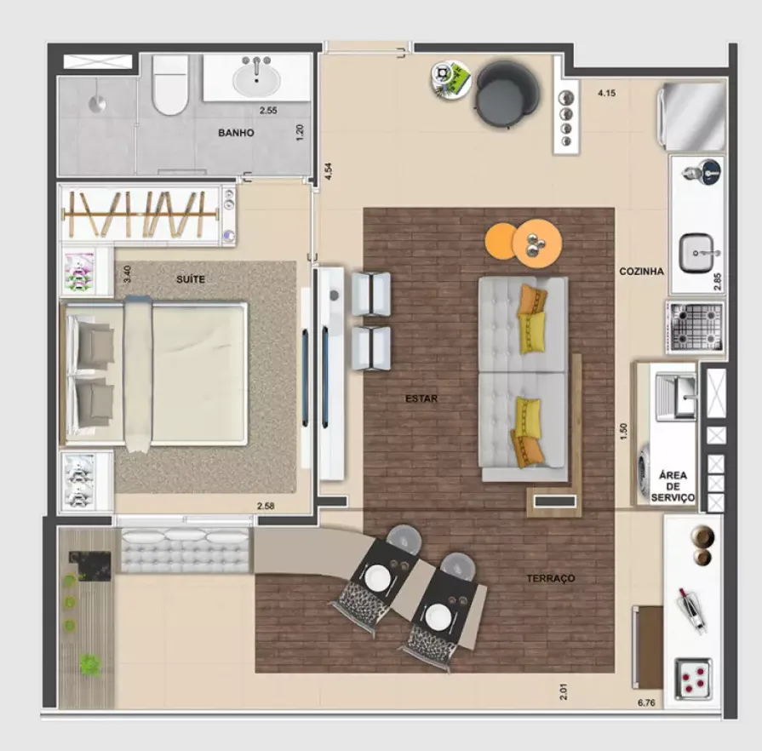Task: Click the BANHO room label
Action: point(236,133)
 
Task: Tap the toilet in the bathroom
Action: point(169,84)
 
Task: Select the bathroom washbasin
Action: point(256,78)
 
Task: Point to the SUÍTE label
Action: point(191,279)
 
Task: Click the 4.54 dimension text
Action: point(329,171)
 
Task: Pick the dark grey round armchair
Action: point(507,95)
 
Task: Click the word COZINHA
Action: point(641,272)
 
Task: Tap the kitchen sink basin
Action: point(696,253)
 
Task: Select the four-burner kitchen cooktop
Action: point(696,326)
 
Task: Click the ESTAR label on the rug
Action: point(421,398)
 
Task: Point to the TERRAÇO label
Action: point(551,578)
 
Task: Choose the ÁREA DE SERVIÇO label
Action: point(673,486)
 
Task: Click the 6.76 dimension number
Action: point(646,702)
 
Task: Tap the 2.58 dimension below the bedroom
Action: point(266,506)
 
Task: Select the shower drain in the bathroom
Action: point(97,104)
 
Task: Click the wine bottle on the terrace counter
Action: point(692,610)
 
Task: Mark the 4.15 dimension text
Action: point(606,93)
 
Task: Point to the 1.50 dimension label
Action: point(624,431)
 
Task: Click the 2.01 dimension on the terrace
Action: point(564,691)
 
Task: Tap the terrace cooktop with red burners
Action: point(694,679)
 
